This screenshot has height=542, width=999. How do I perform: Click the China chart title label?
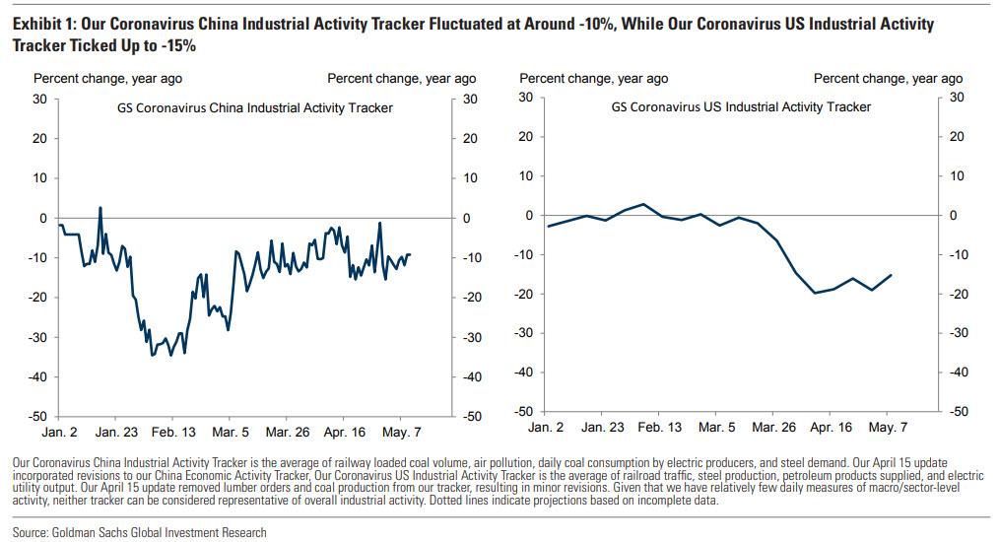click(x=248, y=107)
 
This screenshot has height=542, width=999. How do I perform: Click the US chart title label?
click(x=741, y=106)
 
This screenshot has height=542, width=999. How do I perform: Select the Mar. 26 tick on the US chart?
click(x=773, y=428)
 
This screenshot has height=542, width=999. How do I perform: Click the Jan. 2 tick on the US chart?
click(x=547, y=428)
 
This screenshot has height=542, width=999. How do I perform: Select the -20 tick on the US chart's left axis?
click(x=526, y=294)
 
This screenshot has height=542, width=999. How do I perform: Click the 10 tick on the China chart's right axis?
click(x=469, y=178)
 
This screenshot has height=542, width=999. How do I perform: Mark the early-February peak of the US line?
click(x=642, y=204)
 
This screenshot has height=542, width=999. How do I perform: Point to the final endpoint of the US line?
click(x=892, y=275)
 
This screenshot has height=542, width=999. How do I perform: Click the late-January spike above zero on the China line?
click(x=100, y=208)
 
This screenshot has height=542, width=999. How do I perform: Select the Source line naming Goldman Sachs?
click(x=140, y=532)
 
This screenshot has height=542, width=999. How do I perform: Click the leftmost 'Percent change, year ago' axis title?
click(x=107, y=79)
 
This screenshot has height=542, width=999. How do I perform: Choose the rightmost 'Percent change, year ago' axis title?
click(x=888, y=79)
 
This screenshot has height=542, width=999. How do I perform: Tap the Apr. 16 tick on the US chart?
click(x=831, y=428)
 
